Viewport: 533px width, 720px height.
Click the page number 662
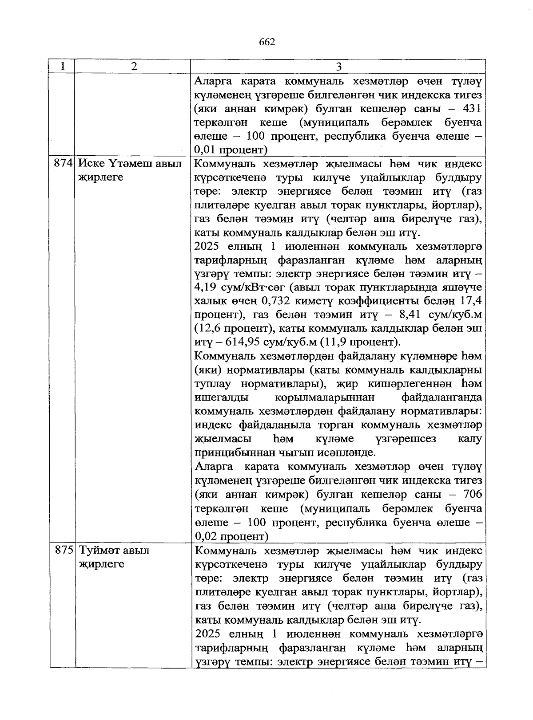tap(266, 42)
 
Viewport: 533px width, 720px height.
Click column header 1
tap(63, 67)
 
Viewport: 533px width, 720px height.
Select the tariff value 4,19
tap(206, 287)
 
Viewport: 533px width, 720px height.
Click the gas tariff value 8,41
tap(403, 315)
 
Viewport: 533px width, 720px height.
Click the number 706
tap(472, 494)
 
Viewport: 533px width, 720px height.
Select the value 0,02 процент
tap(231, 536)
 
